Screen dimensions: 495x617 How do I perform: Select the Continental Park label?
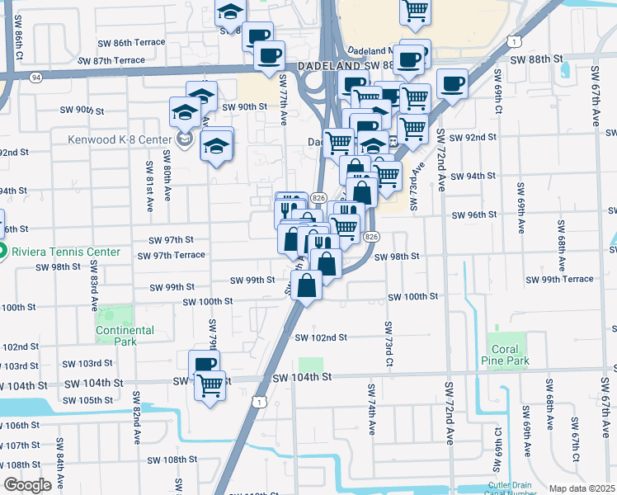[125, 336]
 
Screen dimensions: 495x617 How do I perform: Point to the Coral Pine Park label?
[505, 355]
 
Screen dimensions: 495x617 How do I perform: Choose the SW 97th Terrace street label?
[176, 255]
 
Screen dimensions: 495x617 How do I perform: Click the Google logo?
[27, 485]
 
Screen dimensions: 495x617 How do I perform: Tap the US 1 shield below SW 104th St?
[261, 402]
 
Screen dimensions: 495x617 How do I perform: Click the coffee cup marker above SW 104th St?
[204, 363]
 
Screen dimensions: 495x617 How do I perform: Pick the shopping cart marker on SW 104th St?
[210, 384]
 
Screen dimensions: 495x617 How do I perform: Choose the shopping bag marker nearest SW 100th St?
[306, 286]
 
